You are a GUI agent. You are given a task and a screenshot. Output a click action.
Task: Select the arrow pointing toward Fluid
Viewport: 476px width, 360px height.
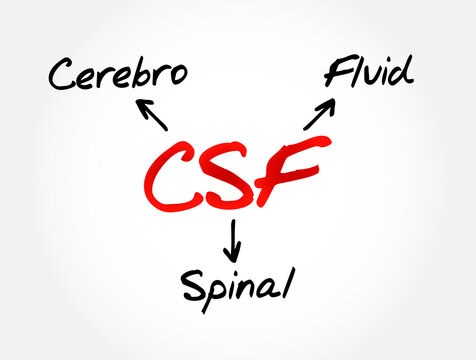319,114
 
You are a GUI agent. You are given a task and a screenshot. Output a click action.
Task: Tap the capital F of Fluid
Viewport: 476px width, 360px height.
336,72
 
